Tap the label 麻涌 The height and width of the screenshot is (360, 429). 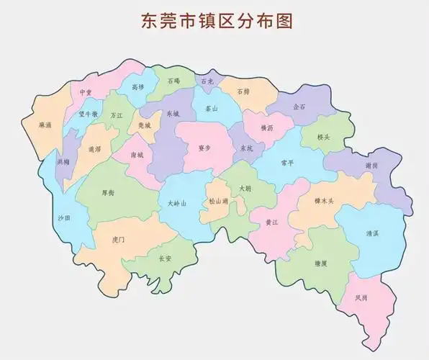tap(46, 124)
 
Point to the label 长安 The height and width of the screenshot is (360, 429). tap(166, 258)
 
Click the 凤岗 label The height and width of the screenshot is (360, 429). tap(361, 297)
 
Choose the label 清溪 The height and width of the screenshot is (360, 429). tap(372, 233)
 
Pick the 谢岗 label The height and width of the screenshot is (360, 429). tap(371, 165)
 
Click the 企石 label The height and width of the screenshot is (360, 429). tap(299, 107)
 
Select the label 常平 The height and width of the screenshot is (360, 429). tap(287, 163)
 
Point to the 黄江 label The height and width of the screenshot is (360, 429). tap(271, 222)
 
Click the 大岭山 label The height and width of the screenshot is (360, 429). tap(176, 204)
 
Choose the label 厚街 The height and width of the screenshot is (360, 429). tap(108, 192)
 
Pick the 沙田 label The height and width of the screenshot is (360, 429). tap(64, 217)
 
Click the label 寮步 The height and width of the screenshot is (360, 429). tap(204, 147)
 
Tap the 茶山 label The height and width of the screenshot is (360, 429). tap(212, 109)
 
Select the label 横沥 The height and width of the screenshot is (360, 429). tap(267, 127)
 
